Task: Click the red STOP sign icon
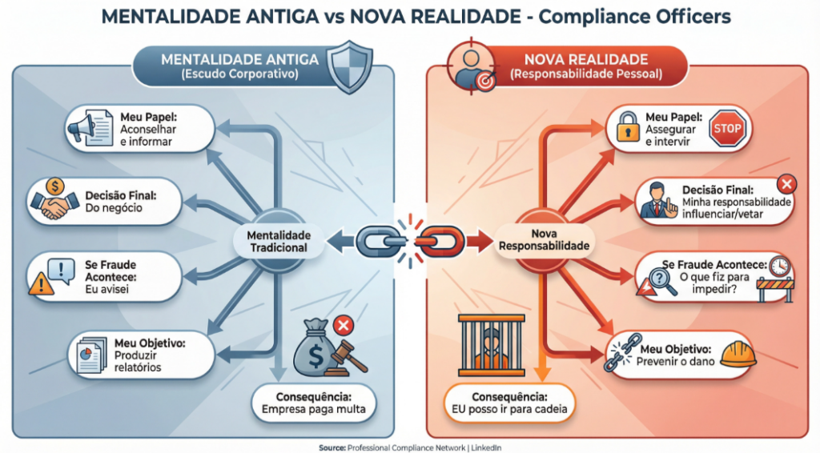[x=726, y=129]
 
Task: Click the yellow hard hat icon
[x=738, y=354]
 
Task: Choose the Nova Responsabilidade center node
[x=544, y=240]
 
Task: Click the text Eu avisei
[x=107, y=289]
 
